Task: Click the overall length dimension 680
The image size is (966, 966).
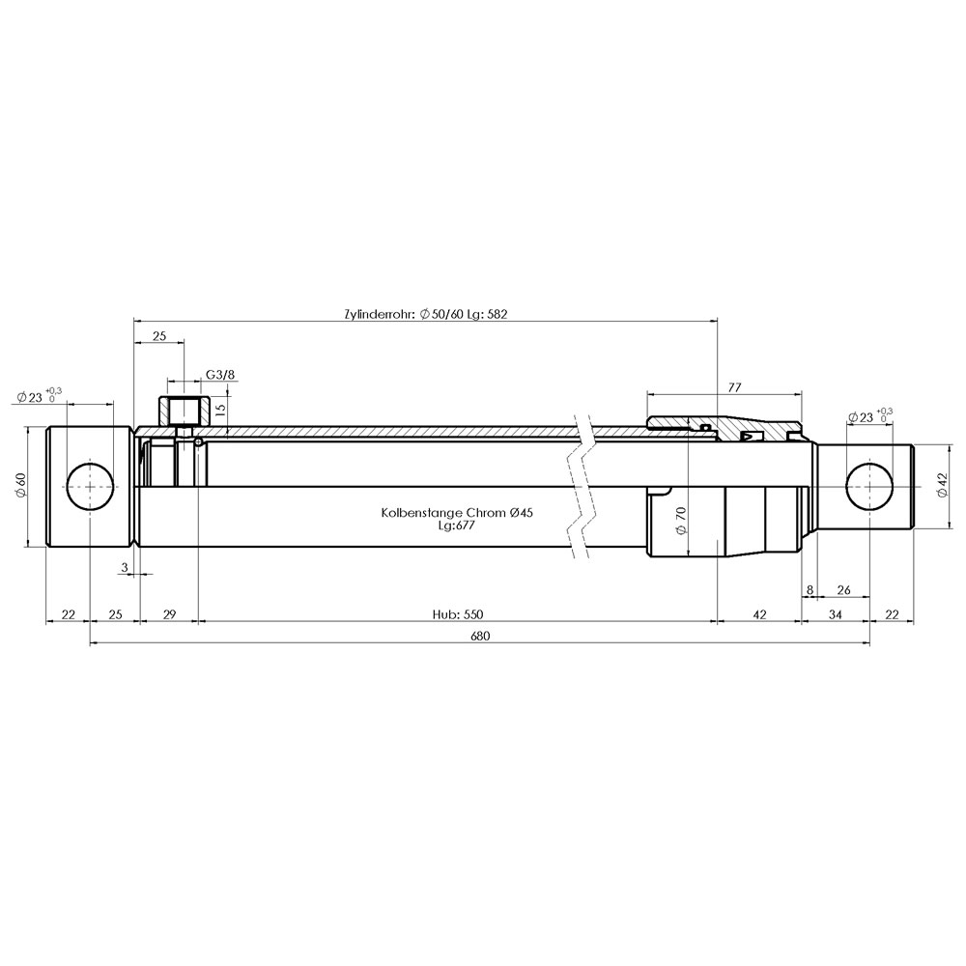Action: [x=480, y=636]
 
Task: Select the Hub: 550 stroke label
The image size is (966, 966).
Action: [x=458, y=614]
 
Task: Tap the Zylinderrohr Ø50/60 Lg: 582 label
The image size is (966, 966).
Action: [x=426, y=314]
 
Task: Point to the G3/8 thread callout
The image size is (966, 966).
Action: [x=220, y=375]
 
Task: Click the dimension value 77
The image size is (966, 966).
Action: [x=734, y=387]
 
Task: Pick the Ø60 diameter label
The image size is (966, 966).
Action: [x=20, y=486]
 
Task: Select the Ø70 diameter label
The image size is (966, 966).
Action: [x=681, y=521]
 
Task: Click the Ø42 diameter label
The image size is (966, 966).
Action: [x=941, y=485]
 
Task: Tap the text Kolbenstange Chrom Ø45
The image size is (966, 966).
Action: [x=457, y=513]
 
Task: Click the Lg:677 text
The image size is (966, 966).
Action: [x=457, y=526]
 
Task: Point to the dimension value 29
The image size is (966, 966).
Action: [x=169, y=614]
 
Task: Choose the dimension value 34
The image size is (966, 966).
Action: [x=835, y=614]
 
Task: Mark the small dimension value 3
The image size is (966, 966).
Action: [x=125, y=567]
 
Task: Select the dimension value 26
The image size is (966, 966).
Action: [x=843, y=589]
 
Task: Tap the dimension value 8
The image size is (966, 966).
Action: [x=810, y=589]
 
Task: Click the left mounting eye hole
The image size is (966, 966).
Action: [x=91, y=486]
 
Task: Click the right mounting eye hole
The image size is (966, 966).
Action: [x=870, y=486]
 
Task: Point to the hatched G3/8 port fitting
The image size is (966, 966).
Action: [x=184, y=411]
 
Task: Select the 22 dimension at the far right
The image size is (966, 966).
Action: [x=892, y=614]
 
